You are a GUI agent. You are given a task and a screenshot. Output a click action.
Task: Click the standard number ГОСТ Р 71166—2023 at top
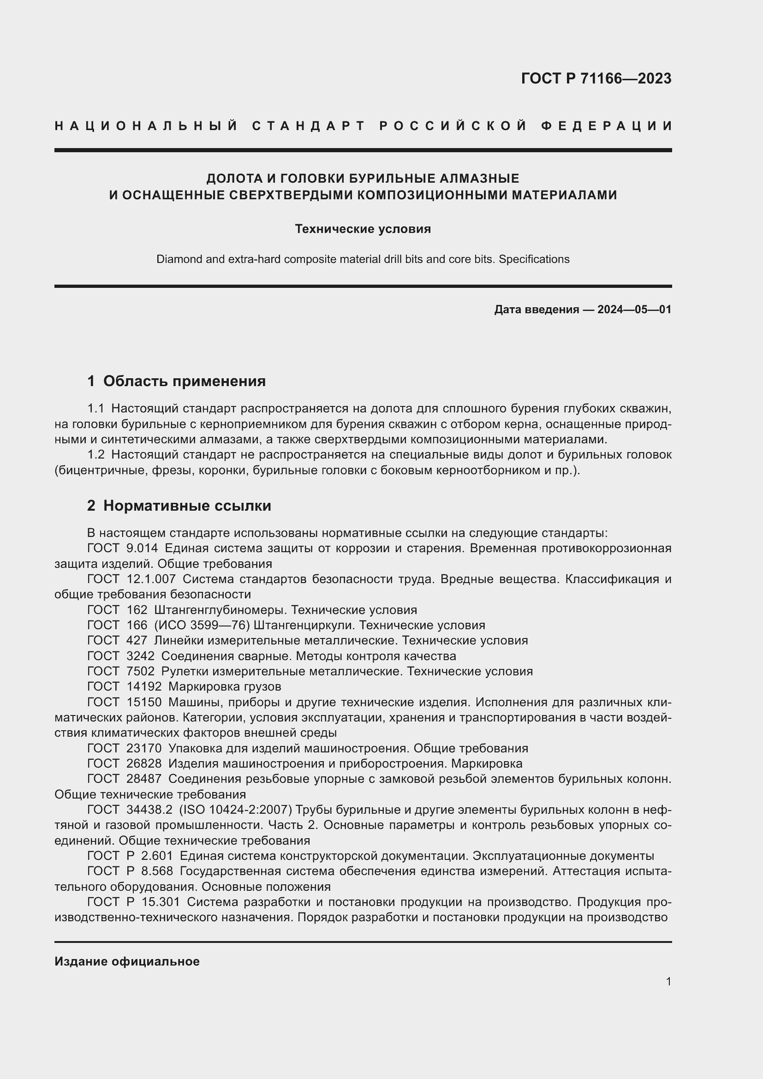point(596,78)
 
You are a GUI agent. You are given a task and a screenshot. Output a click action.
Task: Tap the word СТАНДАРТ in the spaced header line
point(309,126)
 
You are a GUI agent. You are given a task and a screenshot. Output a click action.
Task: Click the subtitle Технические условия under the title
point(363,229)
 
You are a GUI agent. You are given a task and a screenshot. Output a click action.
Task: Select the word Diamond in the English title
point(178,259)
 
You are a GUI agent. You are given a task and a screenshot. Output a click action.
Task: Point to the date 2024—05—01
point(634,310)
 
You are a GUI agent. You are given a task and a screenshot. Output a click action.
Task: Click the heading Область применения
point(184,381)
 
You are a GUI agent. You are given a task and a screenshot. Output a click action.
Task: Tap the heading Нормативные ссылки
point(187,506)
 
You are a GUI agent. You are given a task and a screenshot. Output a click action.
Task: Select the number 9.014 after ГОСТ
point(143,548)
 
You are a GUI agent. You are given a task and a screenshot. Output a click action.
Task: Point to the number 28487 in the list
point(144,779)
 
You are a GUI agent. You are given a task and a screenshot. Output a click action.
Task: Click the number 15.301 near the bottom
point(164,902)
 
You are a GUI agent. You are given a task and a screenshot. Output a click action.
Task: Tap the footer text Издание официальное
point(127,961)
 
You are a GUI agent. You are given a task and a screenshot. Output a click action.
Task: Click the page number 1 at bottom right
point(668,981)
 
